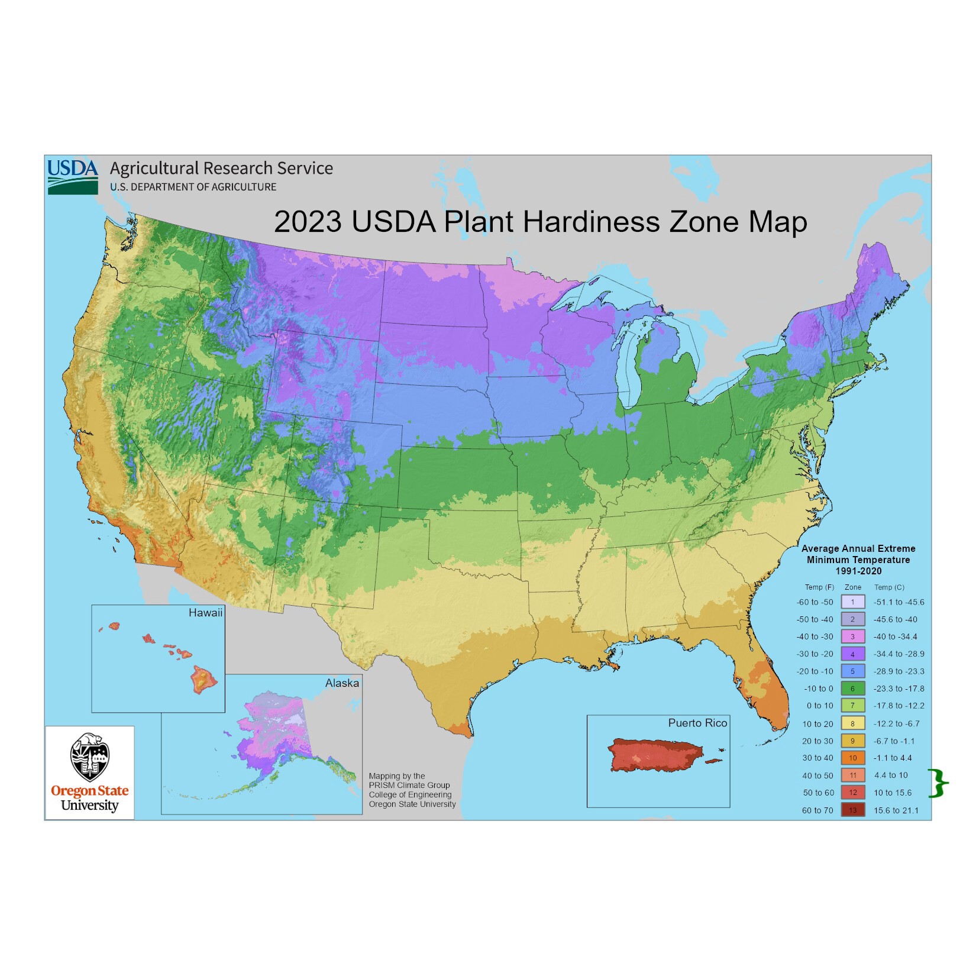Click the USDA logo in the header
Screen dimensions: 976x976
pos(73,176)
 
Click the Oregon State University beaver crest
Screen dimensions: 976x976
pos(89,758)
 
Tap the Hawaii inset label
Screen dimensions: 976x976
pos(205,613)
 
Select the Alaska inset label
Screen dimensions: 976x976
pos(342,683)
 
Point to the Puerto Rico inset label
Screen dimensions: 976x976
pos(697,723)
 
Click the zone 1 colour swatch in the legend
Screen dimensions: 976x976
pos(852,602)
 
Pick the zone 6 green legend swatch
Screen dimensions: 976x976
pos(852,689)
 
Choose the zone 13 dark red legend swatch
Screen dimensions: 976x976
pos(852,810)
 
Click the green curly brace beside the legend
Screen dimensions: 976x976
pos(938,784)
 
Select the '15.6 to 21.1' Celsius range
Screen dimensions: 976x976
pos(896,810)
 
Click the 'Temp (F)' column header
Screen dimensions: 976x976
pos(819,587)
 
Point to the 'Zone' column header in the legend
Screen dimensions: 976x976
pos(853,587)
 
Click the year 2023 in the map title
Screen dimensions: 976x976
pos(308,222)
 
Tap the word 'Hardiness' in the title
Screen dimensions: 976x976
pos(591,222)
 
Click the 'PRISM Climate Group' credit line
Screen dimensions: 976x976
pos(409,785)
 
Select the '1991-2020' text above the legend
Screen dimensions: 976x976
pos(858,571)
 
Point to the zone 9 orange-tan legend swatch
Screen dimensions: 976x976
pos(852,741)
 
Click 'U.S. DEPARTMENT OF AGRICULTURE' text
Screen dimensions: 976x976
pos(193,187)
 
